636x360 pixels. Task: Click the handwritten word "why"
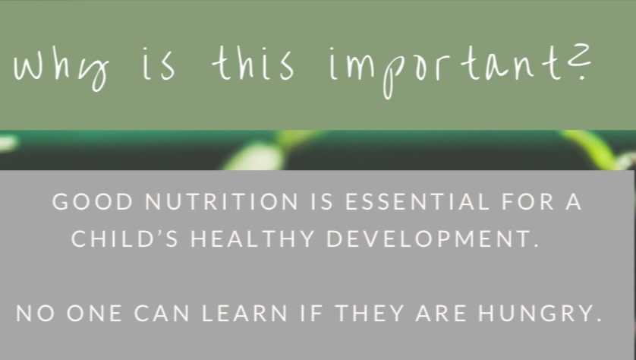pos(61,70)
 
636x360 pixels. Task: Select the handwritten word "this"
pos(253,63)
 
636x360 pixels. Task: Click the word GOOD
pos(93,202)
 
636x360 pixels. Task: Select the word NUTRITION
pos(222,202)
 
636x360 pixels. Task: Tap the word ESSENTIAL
pos(417,202)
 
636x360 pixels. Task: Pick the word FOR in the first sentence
pos(528,202)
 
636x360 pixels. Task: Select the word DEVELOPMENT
pos(433,238)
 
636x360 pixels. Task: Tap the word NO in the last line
pos(35,314)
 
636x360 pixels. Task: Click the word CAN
pos(162,314)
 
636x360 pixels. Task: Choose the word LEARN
pos(244,314)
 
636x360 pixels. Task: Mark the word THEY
pos(370,314)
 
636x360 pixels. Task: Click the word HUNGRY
pos(540,314)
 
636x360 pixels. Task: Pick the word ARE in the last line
pos(441,314)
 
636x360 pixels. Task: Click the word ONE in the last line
pos(94,314)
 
